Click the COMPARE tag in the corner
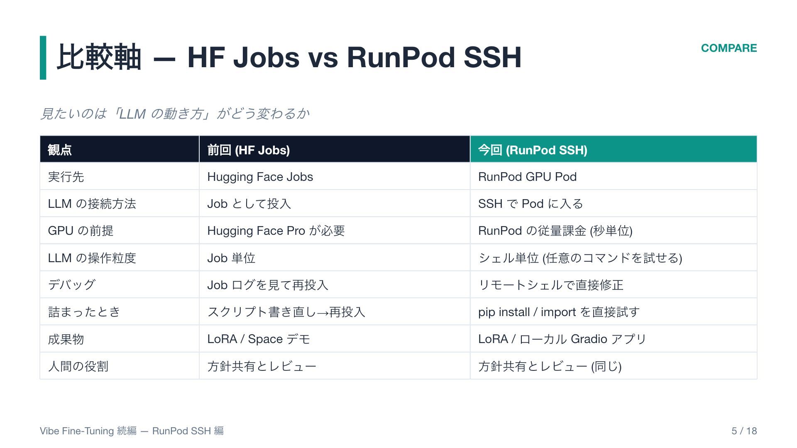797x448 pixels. click(729, 48)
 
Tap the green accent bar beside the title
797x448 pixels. click(43, 58)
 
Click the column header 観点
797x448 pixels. click(60, 150)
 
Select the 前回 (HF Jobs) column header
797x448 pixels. click(248, 150)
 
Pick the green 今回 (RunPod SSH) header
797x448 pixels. click(533, 150)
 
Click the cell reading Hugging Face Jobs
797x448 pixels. click(260, 177)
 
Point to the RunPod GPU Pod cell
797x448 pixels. click(527, 177)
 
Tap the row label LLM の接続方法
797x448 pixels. click(92, 204)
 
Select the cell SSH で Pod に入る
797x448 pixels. click(531, 204)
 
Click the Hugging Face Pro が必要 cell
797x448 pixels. click(276, 231)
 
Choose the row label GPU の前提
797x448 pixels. click(81, 231)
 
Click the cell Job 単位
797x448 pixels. click(231, 258)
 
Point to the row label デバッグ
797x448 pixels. click(72, 285)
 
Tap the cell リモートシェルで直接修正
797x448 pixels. click(551, 285)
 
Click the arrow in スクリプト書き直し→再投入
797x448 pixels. click(323, 312)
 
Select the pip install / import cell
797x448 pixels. click(559, 312)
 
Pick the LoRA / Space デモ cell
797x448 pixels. click(259, 339)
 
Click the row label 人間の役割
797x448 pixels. click(78, 366)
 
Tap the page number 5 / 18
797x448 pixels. click(744, 431)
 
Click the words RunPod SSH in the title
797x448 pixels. click(434, 57)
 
